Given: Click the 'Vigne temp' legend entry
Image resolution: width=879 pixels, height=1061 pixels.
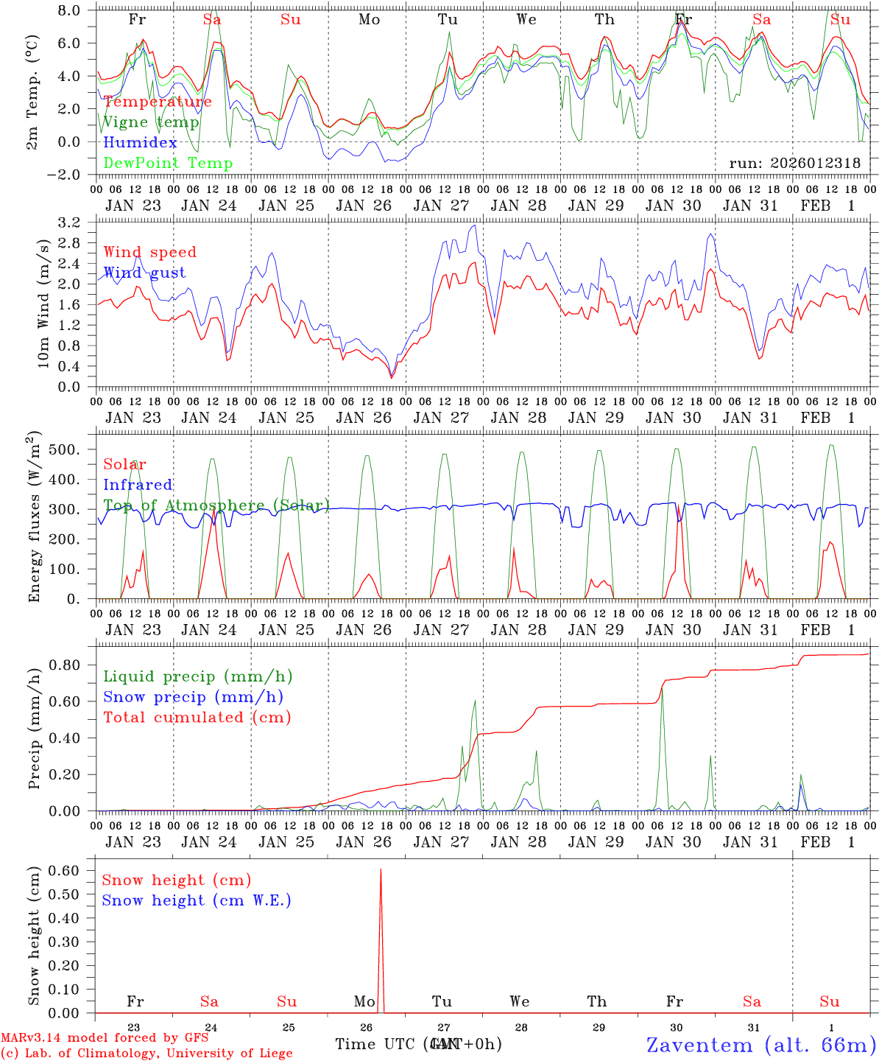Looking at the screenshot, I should [151, 122].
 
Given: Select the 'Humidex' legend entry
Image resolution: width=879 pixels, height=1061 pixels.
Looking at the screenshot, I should [141, 143].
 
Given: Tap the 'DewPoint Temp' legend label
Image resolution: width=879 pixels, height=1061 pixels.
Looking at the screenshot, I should [168, 164].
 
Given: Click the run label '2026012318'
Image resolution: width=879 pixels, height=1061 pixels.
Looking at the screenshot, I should [795, 164].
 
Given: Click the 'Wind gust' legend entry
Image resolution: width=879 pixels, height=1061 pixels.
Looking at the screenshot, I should [144, 273].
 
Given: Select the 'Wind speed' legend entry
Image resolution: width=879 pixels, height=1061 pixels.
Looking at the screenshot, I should [150, 252].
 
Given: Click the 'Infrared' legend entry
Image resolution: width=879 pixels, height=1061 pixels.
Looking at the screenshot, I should [138, 485].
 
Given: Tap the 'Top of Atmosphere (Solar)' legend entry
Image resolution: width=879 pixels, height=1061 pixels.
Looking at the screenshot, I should [216, 505].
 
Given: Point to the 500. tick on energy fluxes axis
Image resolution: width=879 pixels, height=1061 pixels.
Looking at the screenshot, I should [74, 449].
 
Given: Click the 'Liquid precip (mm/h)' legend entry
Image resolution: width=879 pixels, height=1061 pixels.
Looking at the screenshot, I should [197, 676].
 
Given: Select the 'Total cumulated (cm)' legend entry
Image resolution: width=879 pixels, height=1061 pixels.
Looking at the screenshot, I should [197, 718].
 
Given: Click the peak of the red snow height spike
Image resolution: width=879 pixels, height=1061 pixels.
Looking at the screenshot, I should [381, 870].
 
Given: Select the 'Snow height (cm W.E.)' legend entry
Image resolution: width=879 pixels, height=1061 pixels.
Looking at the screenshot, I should [197, 900].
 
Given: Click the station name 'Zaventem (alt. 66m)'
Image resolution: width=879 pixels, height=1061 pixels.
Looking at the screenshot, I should [761, 1045].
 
